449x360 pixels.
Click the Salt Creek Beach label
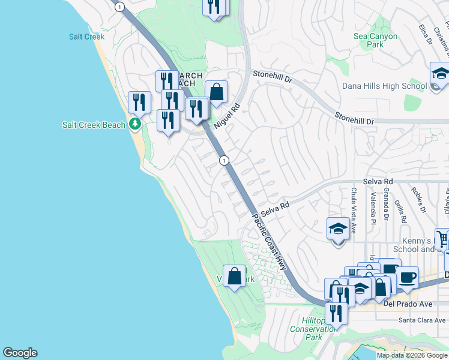tap(94, 125)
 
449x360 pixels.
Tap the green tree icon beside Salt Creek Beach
tap(136, 125)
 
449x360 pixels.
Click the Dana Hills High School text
tap(384, 86)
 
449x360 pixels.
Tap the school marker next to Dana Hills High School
tap(440, 75)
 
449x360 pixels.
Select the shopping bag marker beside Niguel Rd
tap(217, 93)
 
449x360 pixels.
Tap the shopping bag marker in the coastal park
tap(235, 277)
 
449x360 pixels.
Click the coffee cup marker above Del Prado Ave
tap(407, 278)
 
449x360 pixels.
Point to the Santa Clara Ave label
tap(423, 320)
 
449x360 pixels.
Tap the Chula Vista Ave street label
tap(354, 210)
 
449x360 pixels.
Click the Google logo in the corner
tap(20, 353)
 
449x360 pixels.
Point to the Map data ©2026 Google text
tap(412, 355)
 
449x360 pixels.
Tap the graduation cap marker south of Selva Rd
tap(338, 229)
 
